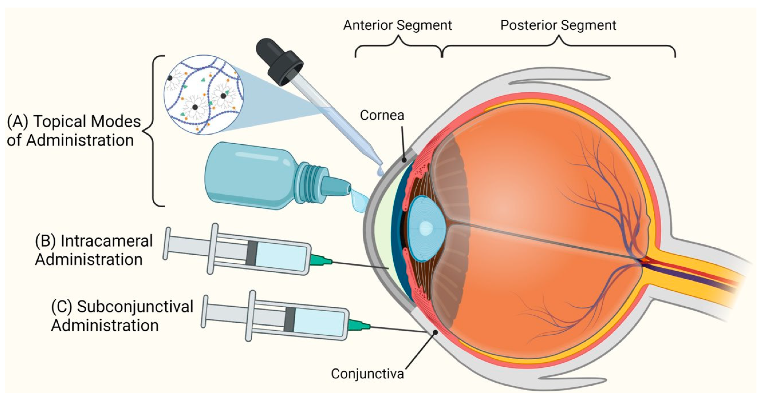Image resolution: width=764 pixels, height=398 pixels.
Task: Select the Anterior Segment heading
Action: point(397,25)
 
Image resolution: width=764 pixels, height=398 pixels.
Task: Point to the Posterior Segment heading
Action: point(558,25)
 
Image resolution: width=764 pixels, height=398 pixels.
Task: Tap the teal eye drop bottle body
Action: point(252,175)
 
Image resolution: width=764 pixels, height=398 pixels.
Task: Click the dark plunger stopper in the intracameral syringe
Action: point(251,253)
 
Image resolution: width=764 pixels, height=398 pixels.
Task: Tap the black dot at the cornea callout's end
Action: point(404,160)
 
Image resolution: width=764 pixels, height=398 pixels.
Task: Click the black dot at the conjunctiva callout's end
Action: point(435,332)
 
